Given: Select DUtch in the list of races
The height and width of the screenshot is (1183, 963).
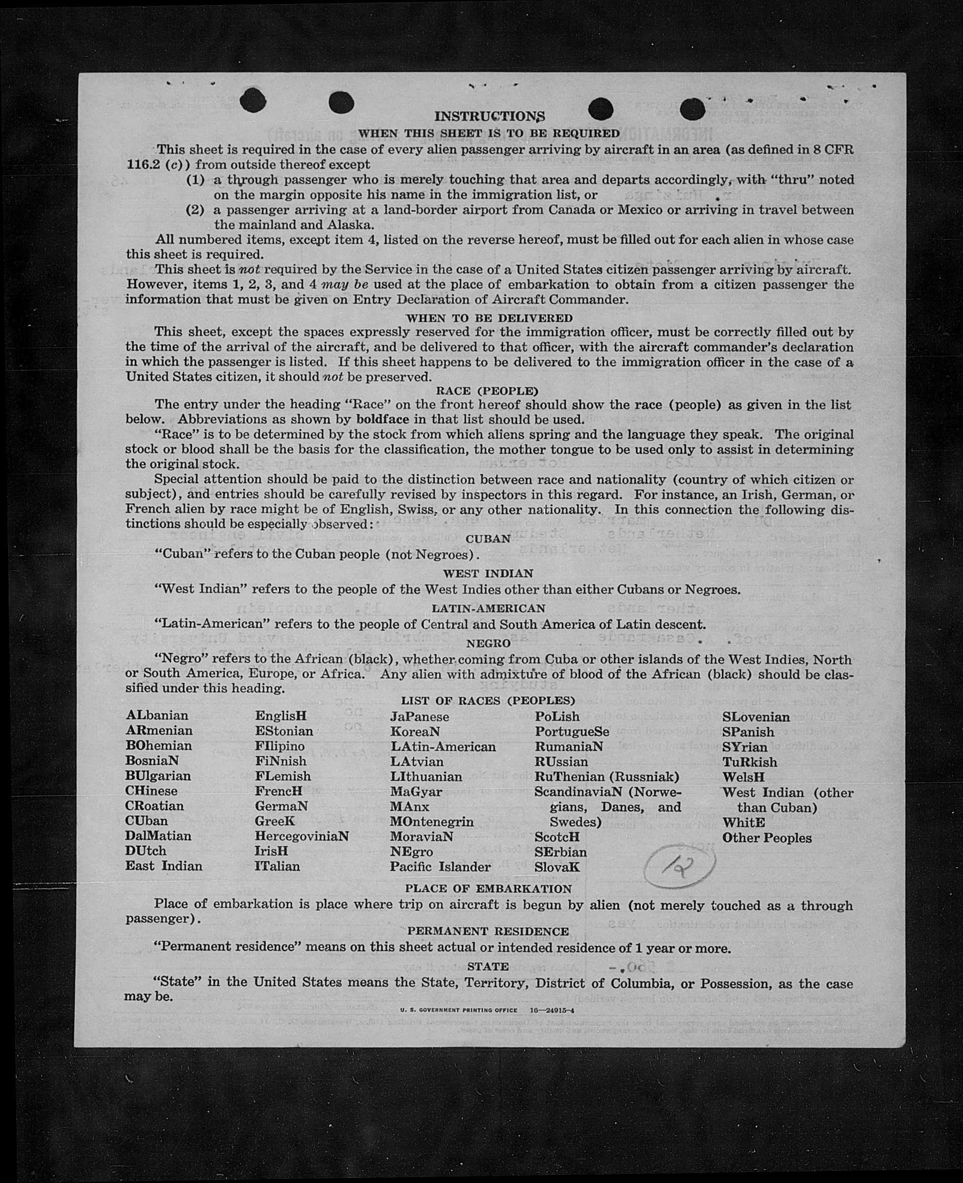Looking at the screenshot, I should point(145,851).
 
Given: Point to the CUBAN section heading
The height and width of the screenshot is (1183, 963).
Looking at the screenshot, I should point(488,539).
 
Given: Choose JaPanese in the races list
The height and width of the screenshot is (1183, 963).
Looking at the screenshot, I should point(419,716).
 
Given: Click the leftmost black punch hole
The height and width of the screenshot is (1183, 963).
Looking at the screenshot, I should point(253,100).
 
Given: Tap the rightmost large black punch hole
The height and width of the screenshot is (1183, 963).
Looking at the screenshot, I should point(692,109).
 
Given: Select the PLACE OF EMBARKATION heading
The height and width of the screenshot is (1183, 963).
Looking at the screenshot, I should point(488,888).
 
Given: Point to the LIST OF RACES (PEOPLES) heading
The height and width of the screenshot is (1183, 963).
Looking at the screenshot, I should point(488,701).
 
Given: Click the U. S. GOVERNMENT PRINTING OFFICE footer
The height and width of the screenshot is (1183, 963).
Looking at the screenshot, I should point(458,1010).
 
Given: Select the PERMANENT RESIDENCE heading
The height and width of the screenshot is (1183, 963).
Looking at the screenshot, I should point(488,931).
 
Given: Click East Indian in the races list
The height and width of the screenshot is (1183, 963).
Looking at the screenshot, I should point(164,866).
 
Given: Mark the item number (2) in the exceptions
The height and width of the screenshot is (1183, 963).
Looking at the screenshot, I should point(195,210).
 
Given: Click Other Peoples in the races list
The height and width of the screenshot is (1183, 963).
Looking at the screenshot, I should point(767,837).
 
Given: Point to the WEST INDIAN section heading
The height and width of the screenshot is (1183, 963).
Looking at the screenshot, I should point(488,574).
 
